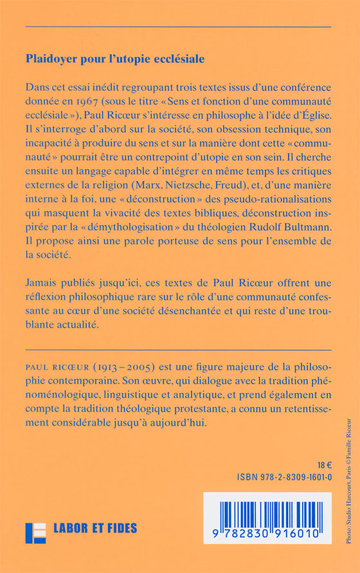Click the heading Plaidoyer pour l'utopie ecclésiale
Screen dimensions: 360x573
click(115, 58)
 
